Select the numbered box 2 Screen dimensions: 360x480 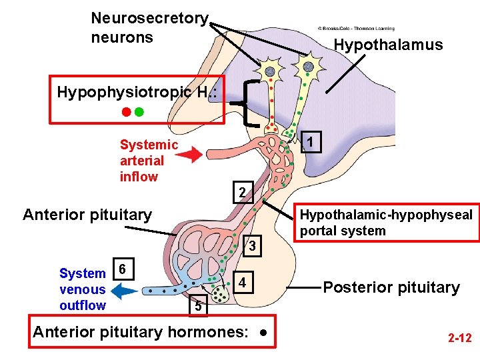(243, 193)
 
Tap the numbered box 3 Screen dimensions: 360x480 (253, 246)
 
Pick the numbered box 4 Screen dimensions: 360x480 (244, 283)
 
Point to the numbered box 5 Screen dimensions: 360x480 (198, 306)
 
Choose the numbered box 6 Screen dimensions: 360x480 (123, 269)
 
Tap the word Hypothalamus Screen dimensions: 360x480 (388, 45)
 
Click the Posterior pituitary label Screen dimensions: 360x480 (391, 287)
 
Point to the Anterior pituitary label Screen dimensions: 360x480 (87, 215)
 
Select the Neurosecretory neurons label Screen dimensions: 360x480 (150, 27)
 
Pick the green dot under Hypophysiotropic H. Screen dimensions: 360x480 (139, 112)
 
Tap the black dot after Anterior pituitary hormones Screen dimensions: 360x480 (264, 332)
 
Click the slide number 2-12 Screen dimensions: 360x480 (460, 339)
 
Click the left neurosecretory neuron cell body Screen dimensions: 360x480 (271, 71)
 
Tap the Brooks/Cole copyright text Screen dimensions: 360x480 (356, 29)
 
